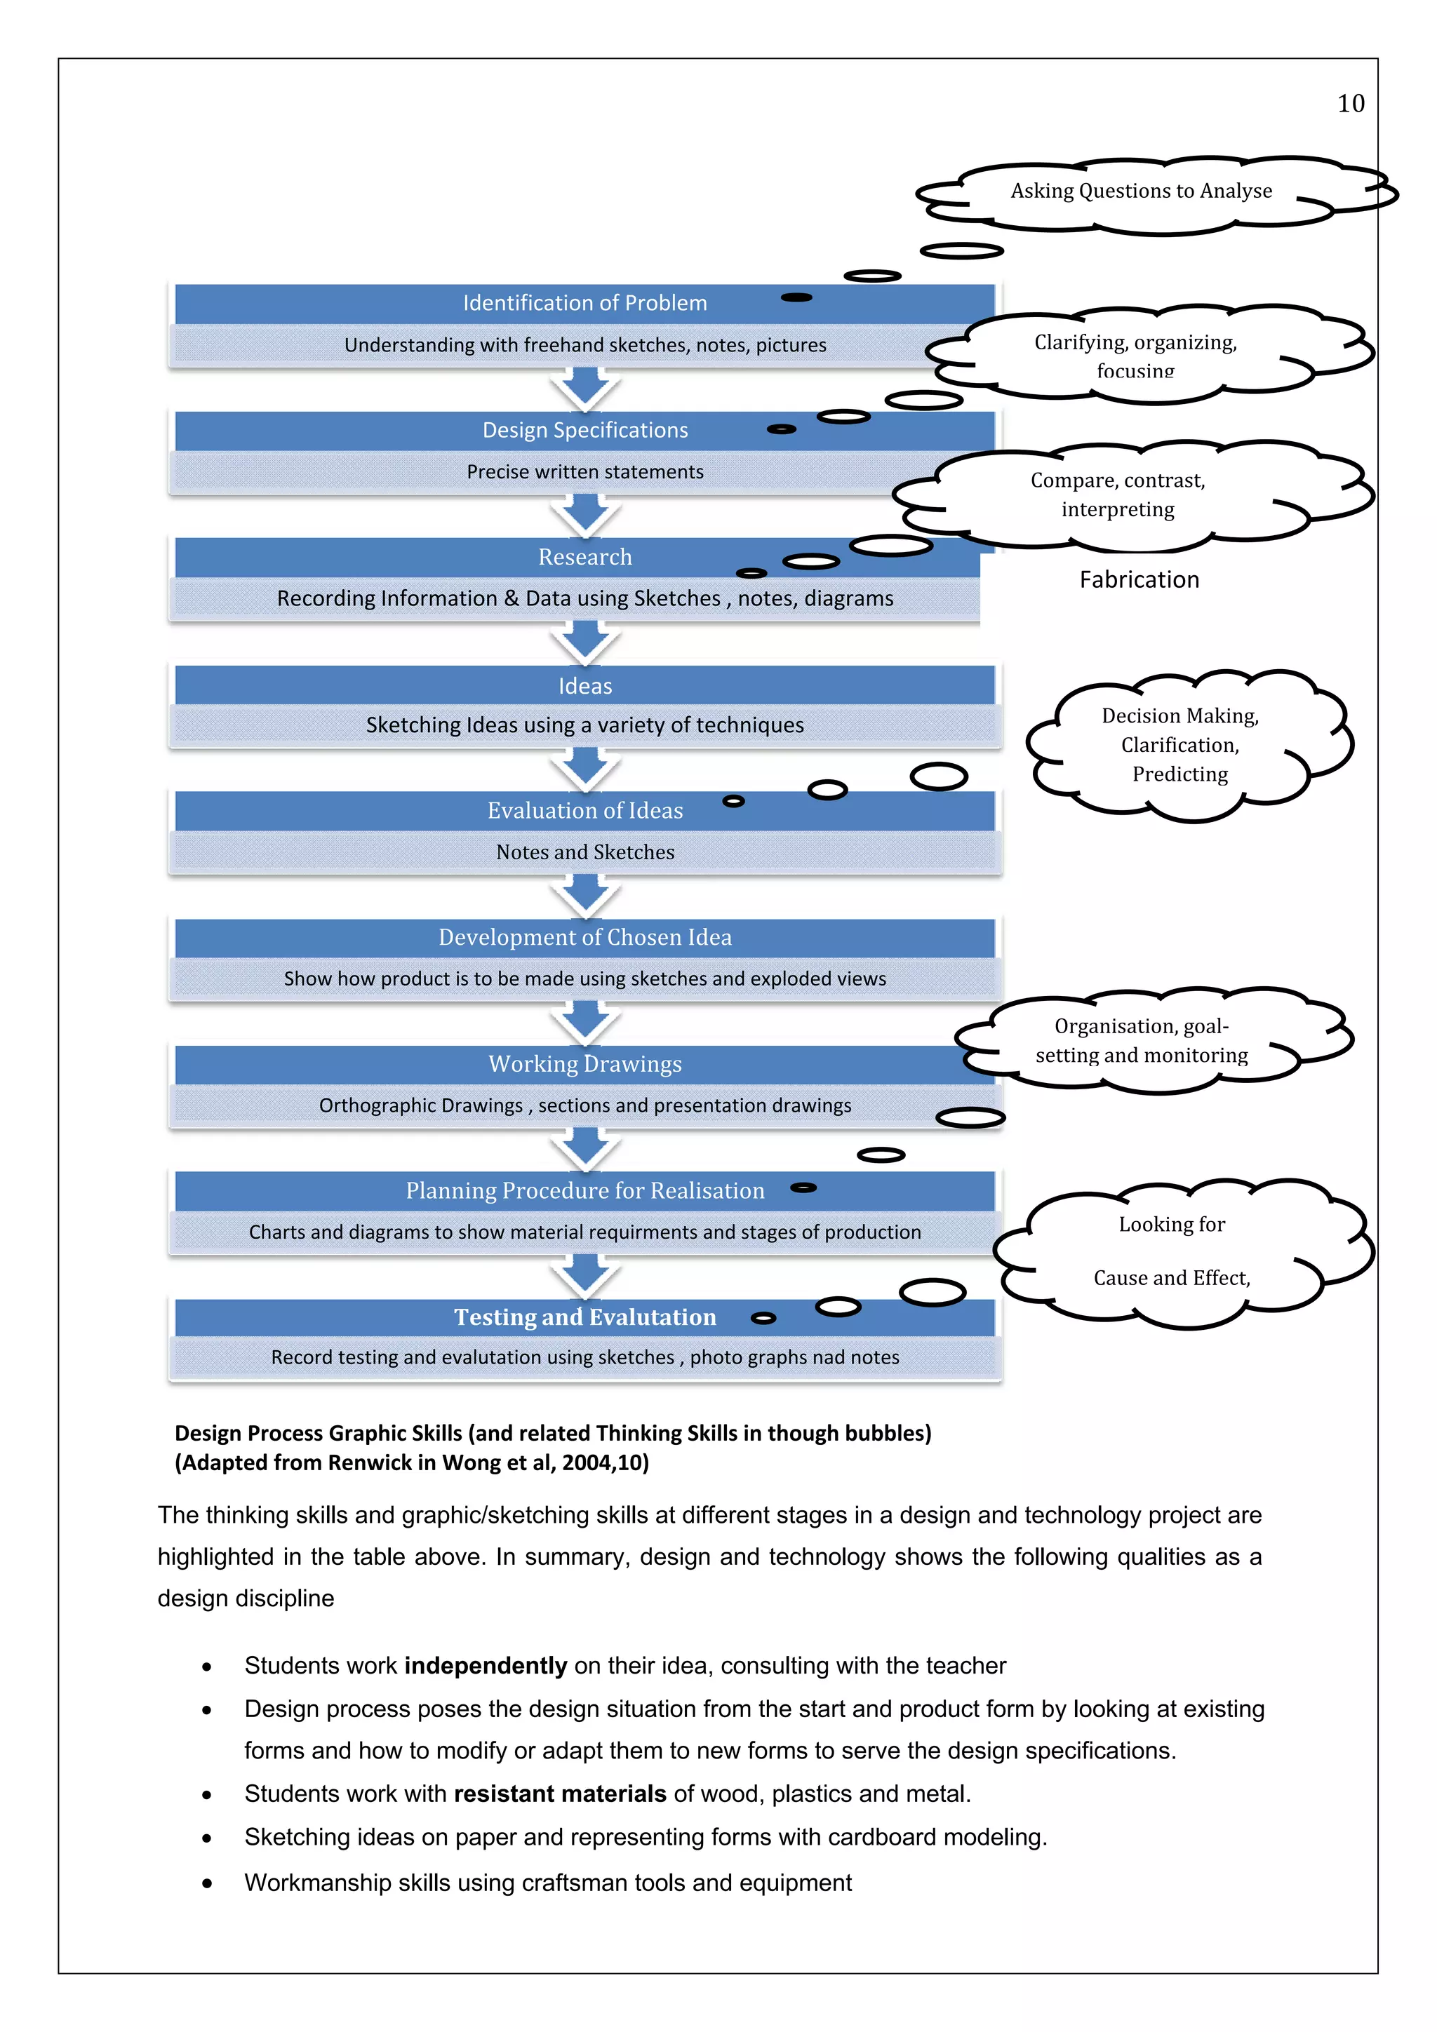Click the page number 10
[1350, 104]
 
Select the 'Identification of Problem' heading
[584, 303]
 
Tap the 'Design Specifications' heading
[584, 430]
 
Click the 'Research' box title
[584, 557]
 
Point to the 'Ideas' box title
[584, 686]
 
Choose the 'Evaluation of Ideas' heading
[584, 811]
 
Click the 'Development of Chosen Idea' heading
[584, 937]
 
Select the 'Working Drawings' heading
[584, 1064]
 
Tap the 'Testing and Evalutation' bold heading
[584, 1317]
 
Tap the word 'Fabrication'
[1139, 579]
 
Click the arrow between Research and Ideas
[584, 642]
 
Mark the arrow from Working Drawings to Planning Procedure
[584, 1149]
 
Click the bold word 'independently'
[485, 1666]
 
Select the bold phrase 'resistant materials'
[559, 1794]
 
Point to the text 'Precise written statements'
[584, 472]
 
